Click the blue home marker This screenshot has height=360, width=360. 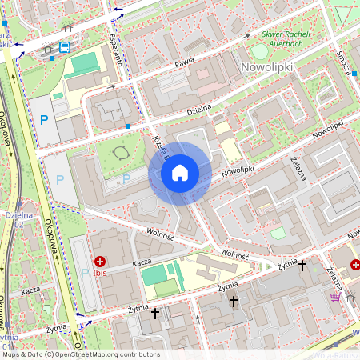(x=180, y=173)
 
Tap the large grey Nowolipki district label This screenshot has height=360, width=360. (x=267, y=69)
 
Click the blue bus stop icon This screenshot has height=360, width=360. (x=64, y=46)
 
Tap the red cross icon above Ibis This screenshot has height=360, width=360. (x=101, y=261)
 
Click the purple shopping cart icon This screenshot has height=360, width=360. (x=334, y=297)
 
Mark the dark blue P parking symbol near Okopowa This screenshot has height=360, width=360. (x=44, y=120)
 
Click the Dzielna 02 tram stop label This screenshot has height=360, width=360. (x=18, y=221)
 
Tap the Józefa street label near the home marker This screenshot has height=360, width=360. (x=157, y=146)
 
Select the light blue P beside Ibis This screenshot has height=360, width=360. (x=86, y=274)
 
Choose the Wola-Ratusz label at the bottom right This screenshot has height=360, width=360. (x=336, y=354)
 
